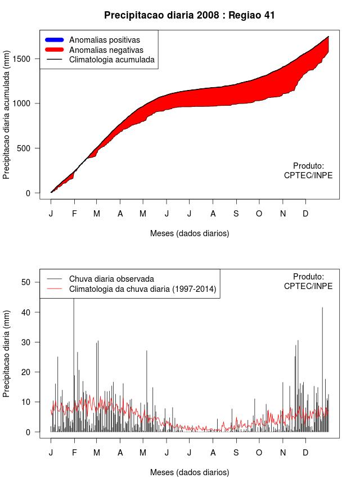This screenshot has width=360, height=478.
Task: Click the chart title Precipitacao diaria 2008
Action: [190, 15]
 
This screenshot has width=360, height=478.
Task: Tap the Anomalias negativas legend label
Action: [106, 50]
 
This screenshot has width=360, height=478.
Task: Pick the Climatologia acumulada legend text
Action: [111, 60]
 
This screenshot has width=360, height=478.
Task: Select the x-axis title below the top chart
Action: [190, 233]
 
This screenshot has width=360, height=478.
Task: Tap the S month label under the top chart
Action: [236, 214]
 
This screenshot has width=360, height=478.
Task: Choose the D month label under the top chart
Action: [305, 214]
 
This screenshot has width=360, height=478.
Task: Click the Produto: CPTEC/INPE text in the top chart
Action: [308, 170]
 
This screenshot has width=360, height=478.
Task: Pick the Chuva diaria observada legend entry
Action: [111, 278]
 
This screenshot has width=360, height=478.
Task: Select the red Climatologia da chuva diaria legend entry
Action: [142, 289]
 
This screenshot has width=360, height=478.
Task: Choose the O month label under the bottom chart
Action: [259, 453]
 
